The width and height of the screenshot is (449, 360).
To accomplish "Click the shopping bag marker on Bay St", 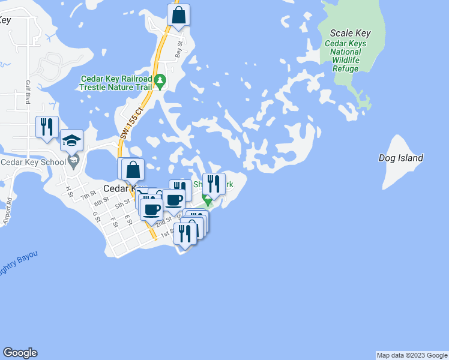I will tap(178, 16).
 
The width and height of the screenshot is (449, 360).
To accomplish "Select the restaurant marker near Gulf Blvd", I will tap(47, 127).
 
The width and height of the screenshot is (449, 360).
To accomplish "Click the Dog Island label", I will tap(401, 158).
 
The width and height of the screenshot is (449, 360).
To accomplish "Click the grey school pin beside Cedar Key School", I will tap(73, 160).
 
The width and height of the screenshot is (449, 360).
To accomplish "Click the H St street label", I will tap(69, 191).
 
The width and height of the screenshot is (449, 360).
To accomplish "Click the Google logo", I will tap(20, 353).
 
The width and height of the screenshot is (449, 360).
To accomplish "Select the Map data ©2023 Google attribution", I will tap(412, 355).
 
